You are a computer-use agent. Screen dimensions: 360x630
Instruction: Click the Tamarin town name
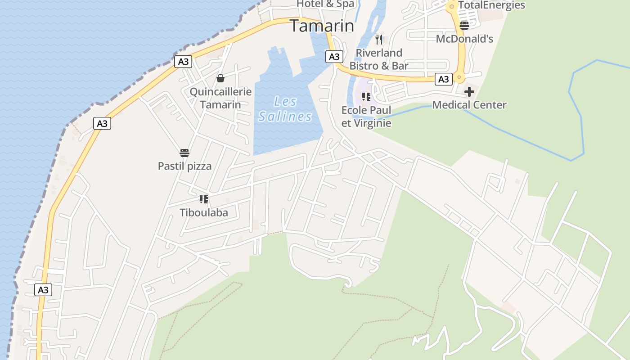(x=322, y=26)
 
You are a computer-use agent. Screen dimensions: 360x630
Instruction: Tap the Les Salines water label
(x=285, y=109)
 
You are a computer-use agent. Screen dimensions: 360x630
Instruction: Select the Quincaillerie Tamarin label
(x=220, y=98)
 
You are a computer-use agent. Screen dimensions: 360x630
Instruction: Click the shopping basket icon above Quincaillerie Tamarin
(x=220, y=79)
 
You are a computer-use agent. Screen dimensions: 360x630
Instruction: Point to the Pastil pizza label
(x=184, y=166)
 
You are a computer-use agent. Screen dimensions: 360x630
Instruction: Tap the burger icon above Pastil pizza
(x=184, y=153)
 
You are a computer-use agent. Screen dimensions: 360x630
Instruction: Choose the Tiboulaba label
(x=204, y=212)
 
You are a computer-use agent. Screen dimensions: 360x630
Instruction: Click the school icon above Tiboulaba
(x=204, y=199)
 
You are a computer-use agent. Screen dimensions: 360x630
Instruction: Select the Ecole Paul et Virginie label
(x=366, y=117)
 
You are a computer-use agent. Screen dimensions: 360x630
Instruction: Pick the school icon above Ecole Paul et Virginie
(x=366, y=96)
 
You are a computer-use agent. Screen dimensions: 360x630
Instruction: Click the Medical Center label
(x=469, y=105)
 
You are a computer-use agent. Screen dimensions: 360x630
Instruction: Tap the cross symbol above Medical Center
(x=469, y=92)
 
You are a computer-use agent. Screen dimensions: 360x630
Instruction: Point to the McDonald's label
(x=464, y=39)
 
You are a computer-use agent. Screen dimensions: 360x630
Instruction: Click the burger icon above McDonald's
(x=464, y=25)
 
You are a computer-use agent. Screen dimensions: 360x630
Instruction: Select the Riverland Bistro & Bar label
(x=379, y=59)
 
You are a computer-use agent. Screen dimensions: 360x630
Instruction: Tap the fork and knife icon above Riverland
(x=379, y=40)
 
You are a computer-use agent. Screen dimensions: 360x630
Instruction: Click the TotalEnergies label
(x=491, y=5)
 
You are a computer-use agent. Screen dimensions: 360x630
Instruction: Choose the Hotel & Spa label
(x=325, y=4)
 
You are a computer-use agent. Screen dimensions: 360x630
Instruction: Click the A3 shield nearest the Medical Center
(x=444, y=79)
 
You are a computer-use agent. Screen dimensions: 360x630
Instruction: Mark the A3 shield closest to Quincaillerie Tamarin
(x=183, y=61)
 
